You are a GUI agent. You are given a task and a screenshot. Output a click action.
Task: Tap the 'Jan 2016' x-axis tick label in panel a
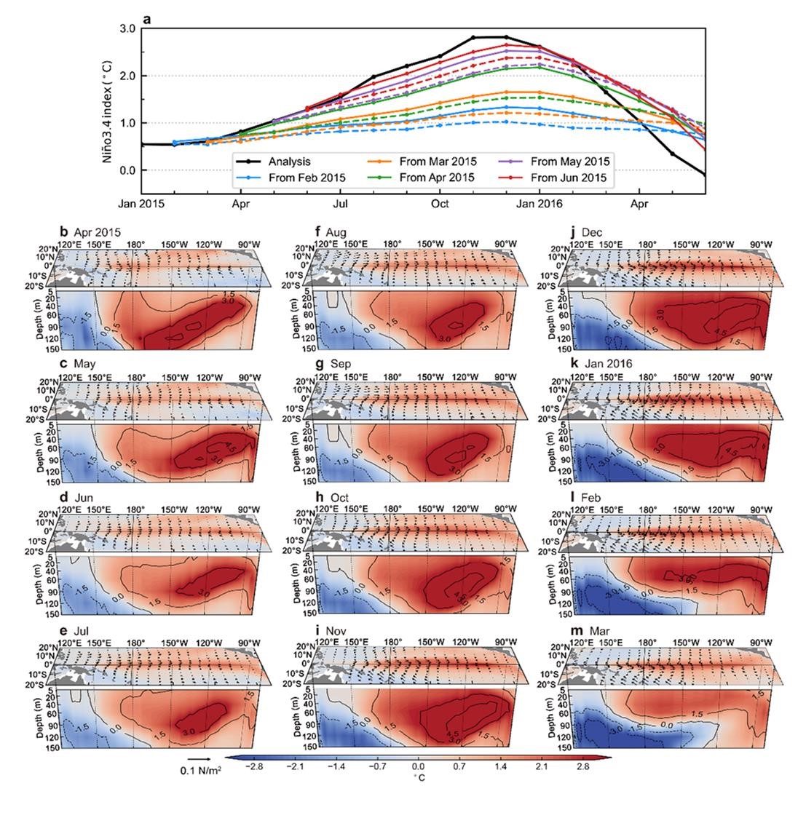click(539, 206)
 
